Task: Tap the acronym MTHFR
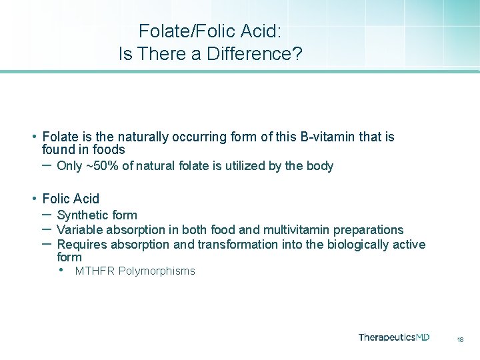coord(93,271)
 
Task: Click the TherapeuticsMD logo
coord(393,337)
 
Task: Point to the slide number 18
coord(460,340)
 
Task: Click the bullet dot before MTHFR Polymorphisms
coord(61,271)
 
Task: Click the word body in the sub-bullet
coord(319,166)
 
